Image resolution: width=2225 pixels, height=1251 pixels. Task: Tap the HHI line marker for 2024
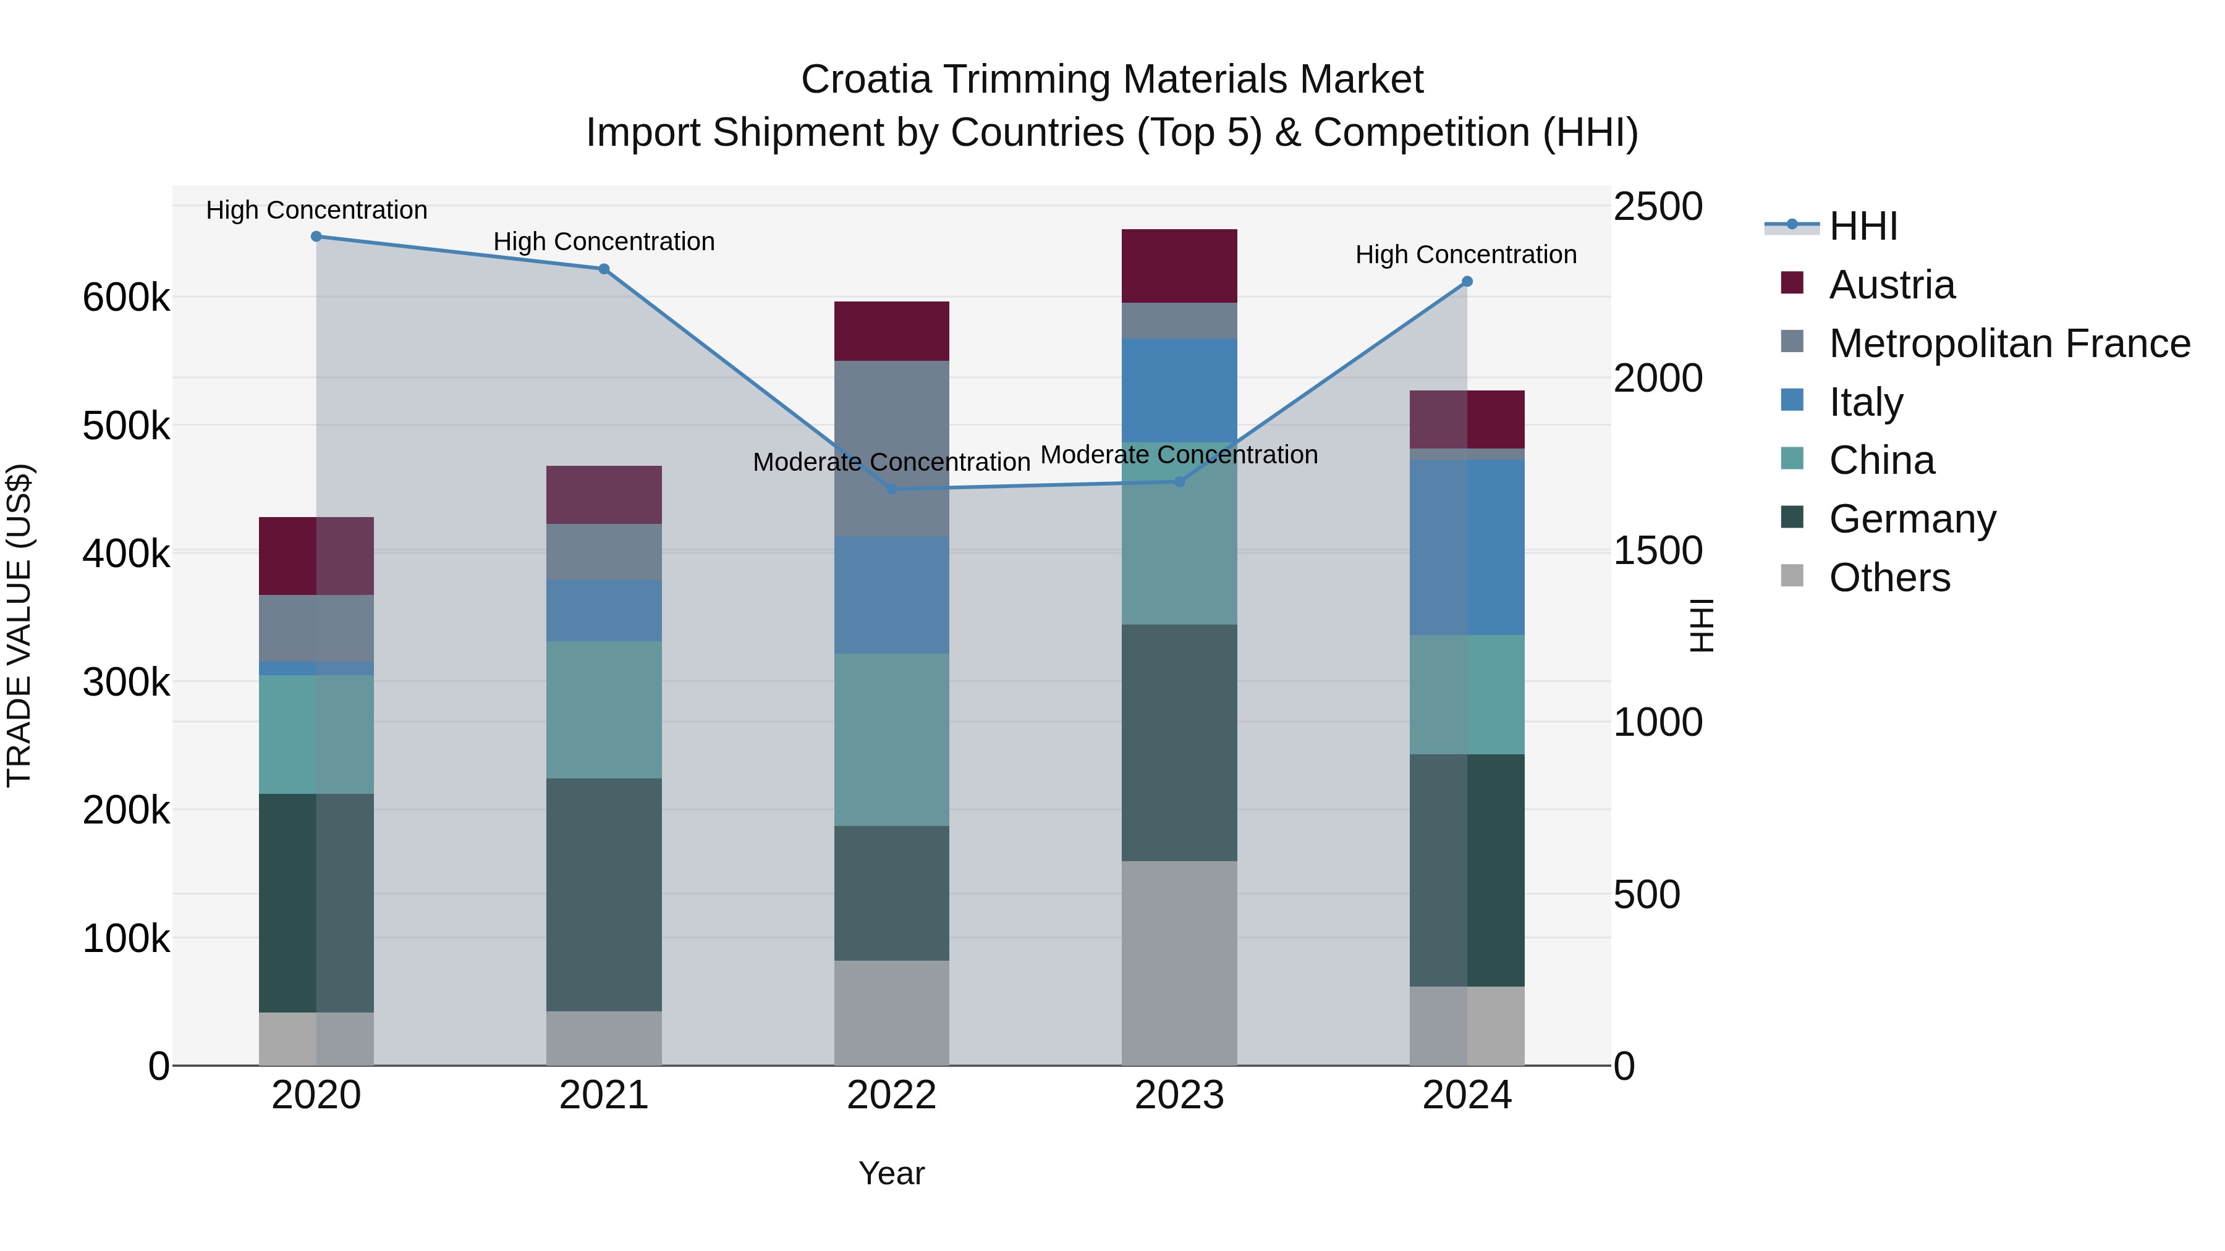(x=1467, y=282)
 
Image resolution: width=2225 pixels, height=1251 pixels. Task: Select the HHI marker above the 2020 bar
(x=316, y=237)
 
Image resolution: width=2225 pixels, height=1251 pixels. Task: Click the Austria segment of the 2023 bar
(x=1179, y=266)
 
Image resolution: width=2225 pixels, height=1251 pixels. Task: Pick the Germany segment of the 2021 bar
(x=604, y=895)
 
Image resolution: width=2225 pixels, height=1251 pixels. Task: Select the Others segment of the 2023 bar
(x=1179, y=962)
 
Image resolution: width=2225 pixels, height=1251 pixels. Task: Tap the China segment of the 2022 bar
(x=891, y=739)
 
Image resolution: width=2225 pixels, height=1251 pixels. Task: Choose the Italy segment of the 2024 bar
(x=1467, y=547)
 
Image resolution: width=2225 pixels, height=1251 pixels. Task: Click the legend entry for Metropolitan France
(x=2009, y=343)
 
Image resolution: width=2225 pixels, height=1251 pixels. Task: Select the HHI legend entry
(x=1862, y=226)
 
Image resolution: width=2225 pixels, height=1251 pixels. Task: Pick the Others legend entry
(x=1889, y=578)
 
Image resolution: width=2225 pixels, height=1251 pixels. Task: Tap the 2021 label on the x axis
(x=604, y=1095)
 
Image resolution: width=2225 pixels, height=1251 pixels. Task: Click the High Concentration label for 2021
(x=604, y=242)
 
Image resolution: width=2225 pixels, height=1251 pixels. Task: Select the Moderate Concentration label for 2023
(x=1179, y=455)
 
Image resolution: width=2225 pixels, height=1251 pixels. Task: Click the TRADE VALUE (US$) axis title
(x=19, y=625)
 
